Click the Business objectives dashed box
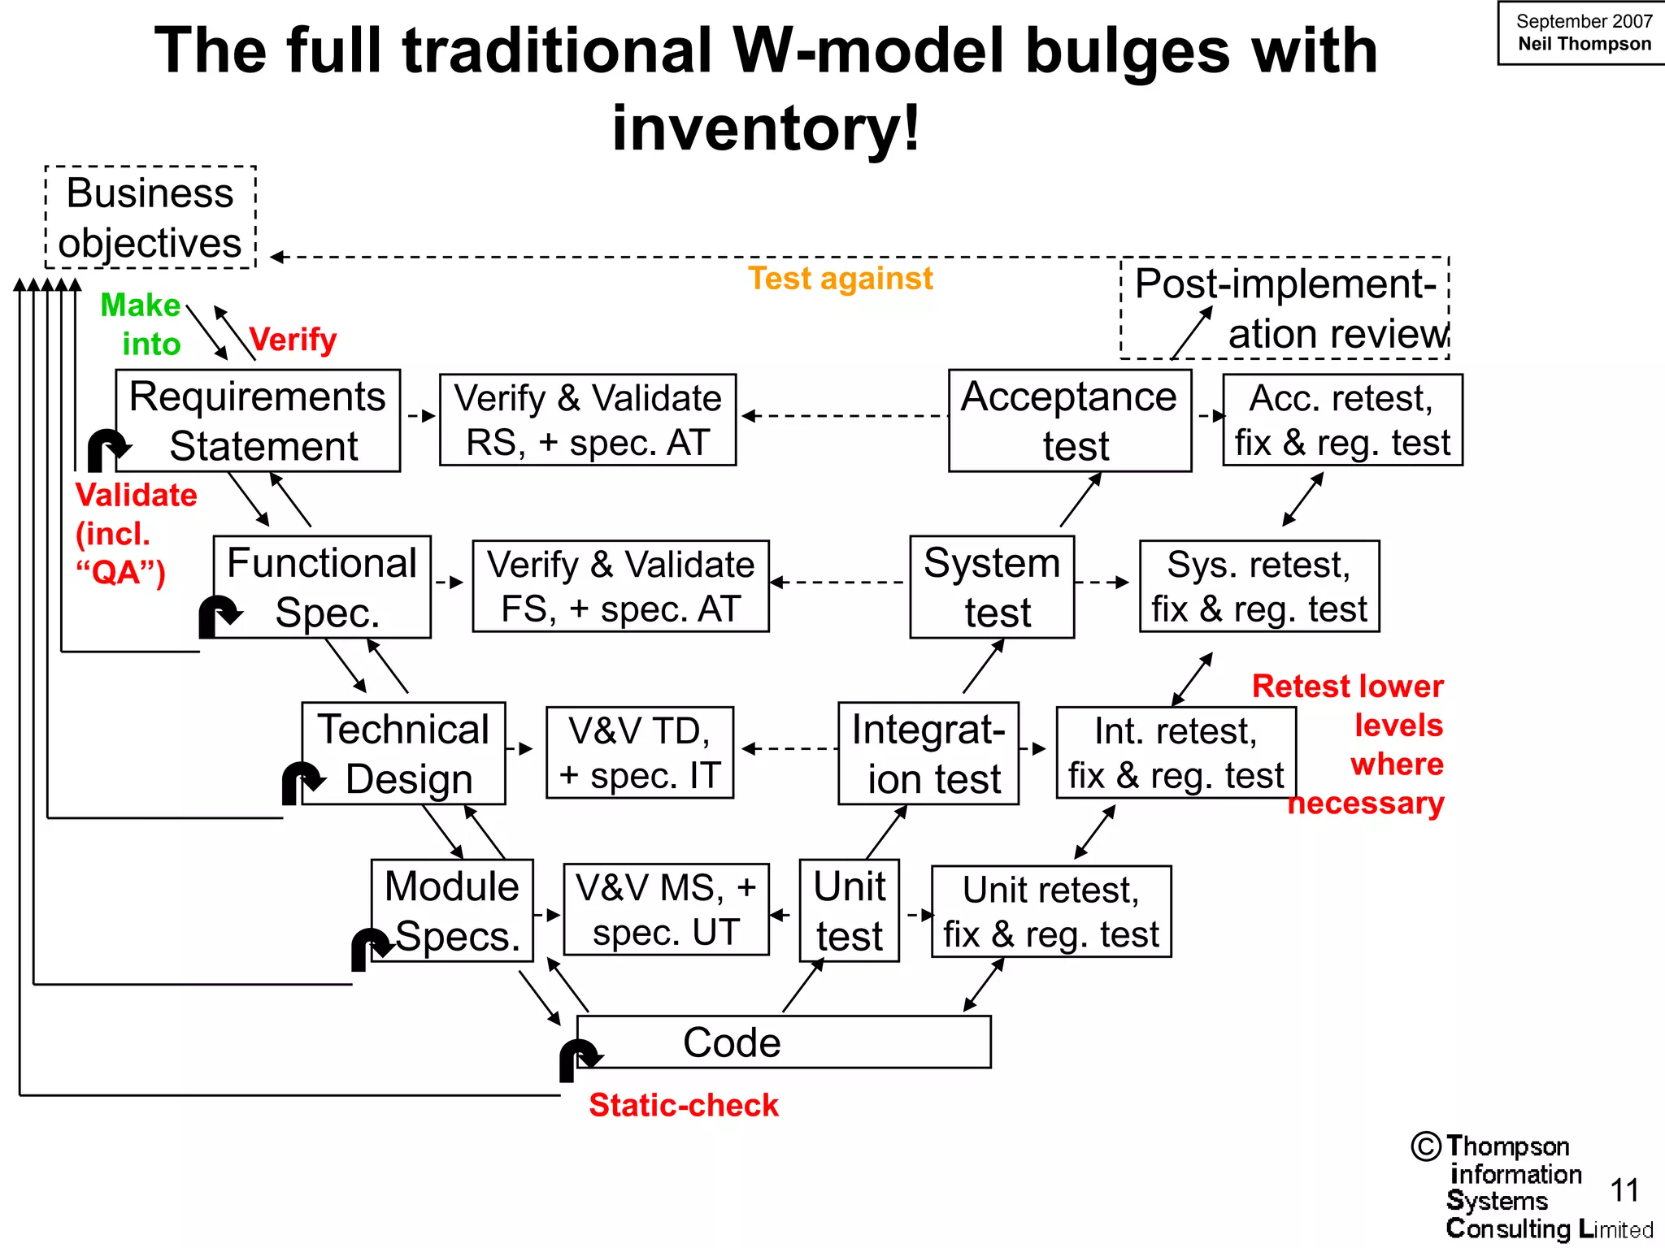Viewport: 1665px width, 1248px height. coord(150,217)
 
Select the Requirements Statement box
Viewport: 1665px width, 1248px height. coord(258,420)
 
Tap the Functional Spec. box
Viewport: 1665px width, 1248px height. coord(322,587)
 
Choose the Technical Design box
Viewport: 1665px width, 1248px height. coord(403,753)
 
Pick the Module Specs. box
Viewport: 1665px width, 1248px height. coord(452,910)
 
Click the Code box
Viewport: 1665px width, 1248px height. coord(783,1042)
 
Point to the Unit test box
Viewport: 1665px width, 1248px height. coord(849,910)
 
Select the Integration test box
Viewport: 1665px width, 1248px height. coord(928,753)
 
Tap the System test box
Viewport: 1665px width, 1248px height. coord(992,587)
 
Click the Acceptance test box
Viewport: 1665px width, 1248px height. coord(1070,420)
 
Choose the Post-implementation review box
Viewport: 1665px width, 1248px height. coord(1285,308)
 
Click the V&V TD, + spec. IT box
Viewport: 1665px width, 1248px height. coord(640,752)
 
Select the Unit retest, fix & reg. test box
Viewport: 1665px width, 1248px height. coord(1050,911)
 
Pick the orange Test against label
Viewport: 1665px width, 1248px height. coord(840,278)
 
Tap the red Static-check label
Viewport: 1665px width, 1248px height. coord(684,1105)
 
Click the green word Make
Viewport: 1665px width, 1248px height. coord(140,305)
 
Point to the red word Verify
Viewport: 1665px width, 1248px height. coord(293,339)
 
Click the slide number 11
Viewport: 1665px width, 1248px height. coord(1624,1190)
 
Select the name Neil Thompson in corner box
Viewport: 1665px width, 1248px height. coord(1585,44)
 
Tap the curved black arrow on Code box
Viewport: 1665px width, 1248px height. coord(578,1058)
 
